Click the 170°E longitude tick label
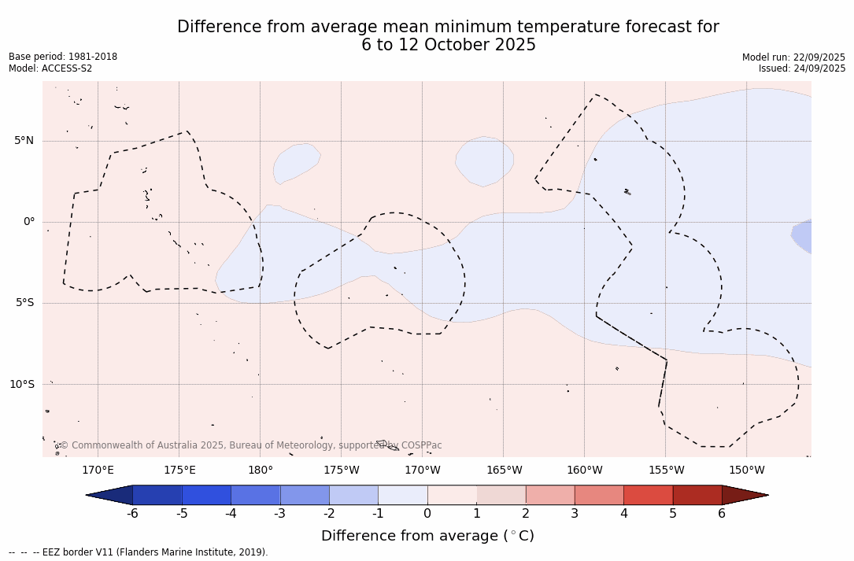coord(98,471)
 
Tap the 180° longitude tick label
coord(260,471)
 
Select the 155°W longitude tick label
coord(666,471)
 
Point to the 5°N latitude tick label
coord(24,141)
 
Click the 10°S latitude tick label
coord(21,384)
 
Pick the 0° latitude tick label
coord(28,222)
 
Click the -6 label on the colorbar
coord(132,514)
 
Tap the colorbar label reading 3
coord(575,514)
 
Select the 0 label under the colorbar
coord(427,514)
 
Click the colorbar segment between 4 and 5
coord(648,495)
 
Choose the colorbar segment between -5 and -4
coord(206,495)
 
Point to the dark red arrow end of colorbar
coord(745,495)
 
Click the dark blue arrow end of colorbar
coord(110,495)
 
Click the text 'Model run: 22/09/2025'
coord(793,57)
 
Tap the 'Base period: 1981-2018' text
coord(63,57)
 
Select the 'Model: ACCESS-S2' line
coord(50,68)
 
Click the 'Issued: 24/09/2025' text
coord(802,68)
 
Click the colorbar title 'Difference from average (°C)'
coord(427,536)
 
